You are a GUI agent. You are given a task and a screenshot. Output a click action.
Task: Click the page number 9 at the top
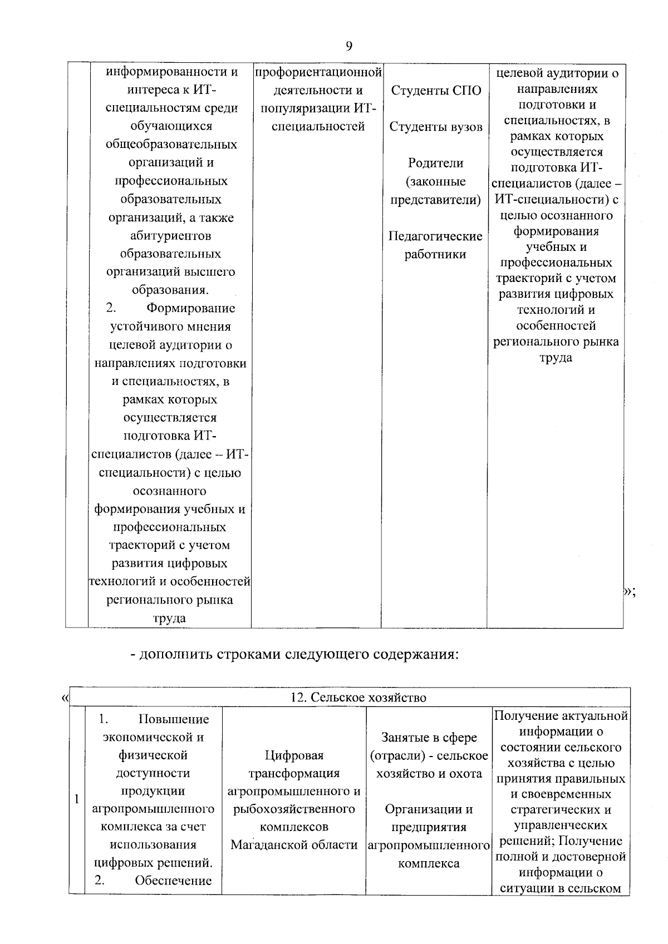point(348,46)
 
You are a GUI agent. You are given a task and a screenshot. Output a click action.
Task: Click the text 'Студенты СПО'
point(435,91)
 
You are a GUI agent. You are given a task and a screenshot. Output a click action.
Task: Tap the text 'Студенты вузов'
point(435,127)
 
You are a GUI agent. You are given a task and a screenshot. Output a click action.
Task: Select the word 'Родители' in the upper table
point(435,163)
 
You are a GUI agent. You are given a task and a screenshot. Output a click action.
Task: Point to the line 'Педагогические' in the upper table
point(435,236)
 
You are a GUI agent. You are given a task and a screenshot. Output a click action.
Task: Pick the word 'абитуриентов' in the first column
point(170,235)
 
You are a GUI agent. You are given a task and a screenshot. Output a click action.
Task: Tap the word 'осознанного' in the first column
point(170,491)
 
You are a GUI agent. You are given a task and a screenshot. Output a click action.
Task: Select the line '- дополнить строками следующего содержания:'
point(294,654)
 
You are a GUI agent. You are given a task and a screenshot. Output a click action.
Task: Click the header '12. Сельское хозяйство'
point(358,697)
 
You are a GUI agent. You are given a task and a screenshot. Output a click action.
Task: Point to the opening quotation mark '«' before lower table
point(65,697)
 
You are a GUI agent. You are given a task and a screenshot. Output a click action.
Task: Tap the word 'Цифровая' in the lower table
point(294,755)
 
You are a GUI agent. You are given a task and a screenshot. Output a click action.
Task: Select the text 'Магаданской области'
point(294,845)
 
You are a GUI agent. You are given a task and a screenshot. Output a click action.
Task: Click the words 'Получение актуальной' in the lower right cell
point(561,715)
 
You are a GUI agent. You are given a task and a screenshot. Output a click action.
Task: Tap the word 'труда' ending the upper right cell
point(556,357)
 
